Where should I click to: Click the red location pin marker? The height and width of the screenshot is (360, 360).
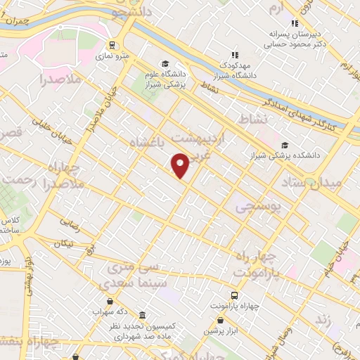tap(181, 165)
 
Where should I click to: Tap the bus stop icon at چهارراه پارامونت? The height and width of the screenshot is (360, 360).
tap(234, 296)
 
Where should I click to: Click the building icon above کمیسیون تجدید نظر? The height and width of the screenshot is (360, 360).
tap(143, 314)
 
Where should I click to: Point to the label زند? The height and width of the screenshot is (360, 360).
tap(323, 321)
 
